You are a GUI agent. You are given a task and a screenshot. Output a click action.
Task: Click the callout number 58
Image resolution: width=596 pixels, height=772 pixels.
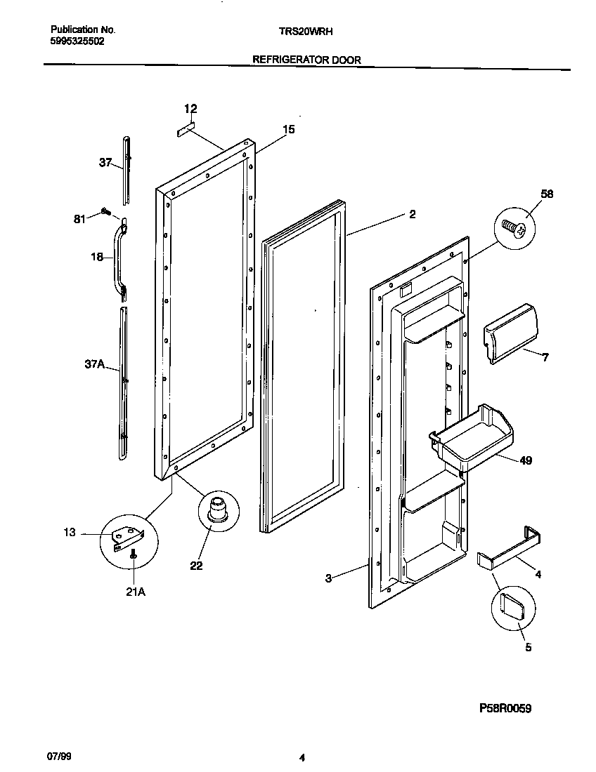[547, 194]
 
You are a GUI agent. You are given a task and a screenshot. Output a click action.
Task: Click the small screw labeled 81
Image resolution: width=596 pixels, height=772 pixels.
[106, 211]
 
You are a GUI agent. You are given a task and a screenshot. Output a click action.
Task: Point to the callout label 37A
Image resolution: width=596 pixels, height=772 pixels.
[94, 364]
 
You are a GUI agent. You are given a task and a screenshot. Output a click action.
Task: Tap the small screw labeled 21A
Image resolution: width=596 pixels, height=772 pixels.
[134, 554]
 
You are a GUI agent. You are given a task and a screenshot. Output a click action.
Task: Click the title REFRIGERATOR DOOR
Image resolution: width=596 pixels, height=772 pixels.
[306, 60]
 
